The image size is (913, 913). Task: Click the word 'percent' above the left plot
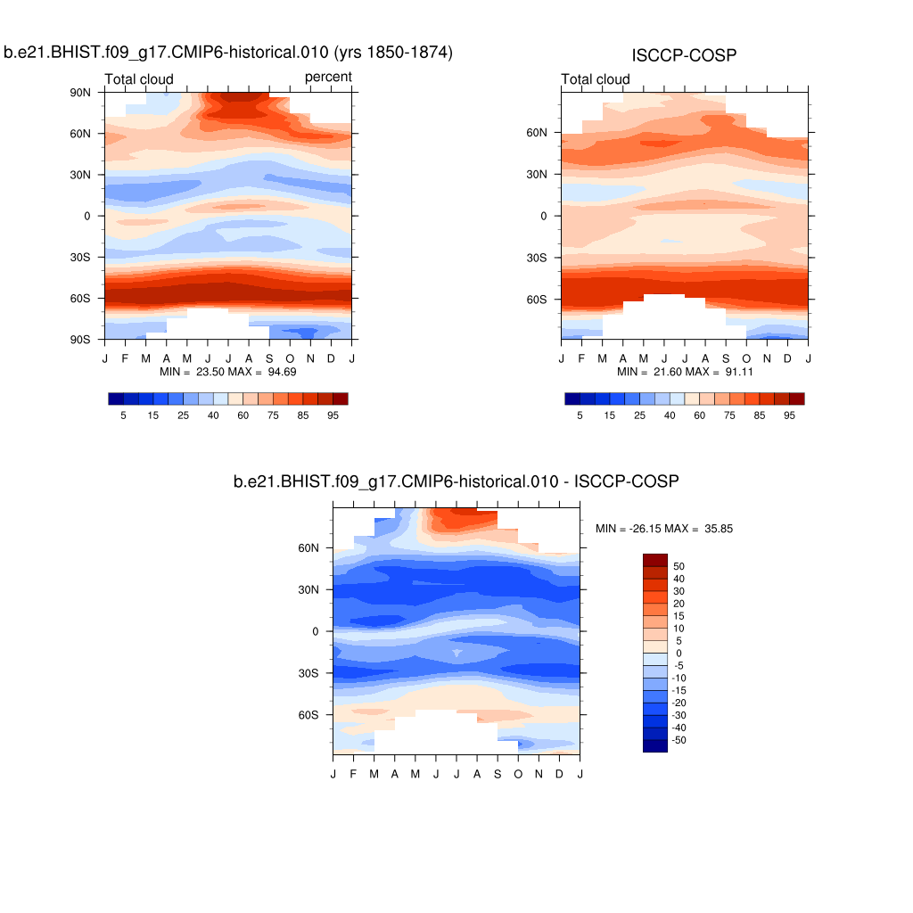click(328, 78)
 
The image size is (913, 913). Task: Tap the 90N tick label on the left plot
click(81, 92)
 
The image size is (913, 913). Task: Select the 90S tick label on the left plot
click(81, 340)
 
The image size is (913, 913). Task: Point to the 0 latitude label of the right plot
click(543, 216)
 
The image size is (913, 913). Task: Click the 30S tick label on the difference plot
click(308, 673)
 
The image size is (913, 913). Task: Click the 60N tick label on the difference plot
click(308, 548)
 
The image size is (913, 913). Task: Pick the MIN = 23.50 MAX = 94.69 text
click(227, 371)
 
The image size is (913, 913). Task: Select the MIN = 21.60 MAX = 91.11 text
click(684, 371)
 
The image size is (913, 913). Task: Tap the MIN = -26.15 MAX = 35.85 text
click(664, 529)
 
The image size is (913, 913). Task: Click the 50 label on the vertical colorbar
click(679, 566)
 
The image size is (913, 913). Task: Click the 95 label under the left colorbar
click(333, 415)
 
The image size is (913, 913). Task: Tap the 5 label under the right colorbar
click(580, 415)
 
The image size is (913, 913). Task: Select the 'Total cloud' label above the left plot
click(139, 79)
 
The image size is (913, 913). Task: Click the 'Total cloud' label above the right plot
click(596, 79)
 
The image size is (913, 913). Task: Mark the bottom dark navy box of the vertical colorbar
click(654, 746)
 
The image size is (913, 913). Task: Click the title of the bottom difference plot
click(456, 482)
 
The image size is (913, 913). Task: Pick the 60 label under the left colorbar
click(243, 415)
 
